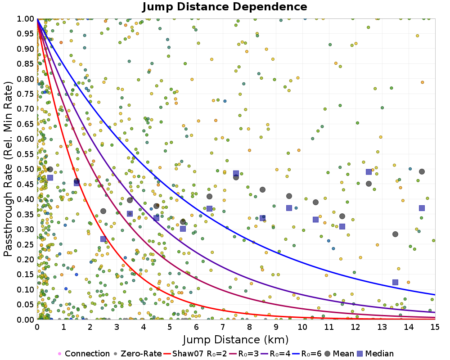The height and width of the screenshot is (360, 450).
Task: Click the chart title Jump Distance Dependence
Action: tap(225, 7)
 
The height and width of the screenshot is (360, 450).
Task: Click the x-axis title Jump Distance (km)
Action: tap(236, 340)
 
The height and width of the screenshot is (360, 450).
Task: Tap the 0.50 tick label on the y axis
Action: tap(25, 169)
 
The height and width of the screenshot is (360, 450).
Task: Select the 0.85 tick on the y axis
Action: tap(25, 64)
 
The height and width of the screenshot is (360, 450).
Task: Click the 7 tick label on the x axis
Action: tap(223, 327)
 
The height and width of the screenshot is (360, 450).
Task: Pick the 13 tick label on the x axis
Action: tap(382, 327)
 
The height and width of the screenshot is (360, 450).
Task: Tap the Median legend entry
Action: tap(375, 353)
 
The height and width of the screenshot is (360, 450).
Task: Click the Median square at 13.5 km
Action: tap(395, 283)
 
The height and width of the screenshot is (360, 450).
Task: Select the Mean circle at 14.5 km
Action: tap(422, 171)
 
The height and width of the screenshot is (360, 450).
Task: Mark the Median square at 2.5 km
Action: tap(103, 239)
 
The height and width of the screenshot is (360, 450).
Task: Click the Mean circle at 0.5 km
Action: tap(50, 169)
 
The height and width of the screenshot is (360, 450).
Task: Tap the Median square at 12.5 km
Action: tap(369, 171)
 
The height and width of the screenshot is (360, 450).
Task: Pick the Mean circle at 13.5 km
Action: tap(395, 234)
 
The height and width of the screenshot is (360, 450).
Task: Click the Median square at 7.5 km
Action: tap(236, 173)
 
